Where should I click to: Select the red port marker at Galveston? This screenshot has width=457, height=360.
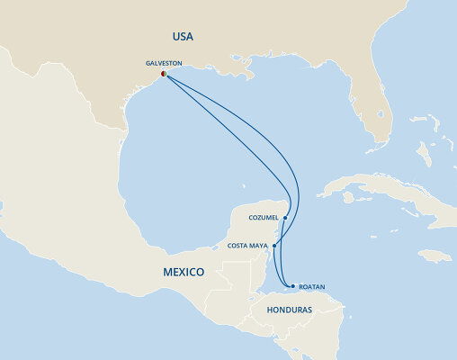pyautogui.click(x=164, y=75)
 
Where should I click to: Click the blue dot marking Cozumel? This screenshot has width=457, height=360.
pyautogui.click(x=284, y=217)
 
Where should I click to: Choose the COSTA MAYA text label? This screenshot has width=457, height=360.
pyautogui.click(x=248, y=245)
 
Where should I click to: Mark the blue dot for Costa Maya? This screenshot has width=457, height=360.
pyautogui.click(x=274, y=245)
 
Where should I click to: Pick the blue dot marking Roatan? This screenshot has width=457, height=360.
pyautogui.click(x=291, y=287)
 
